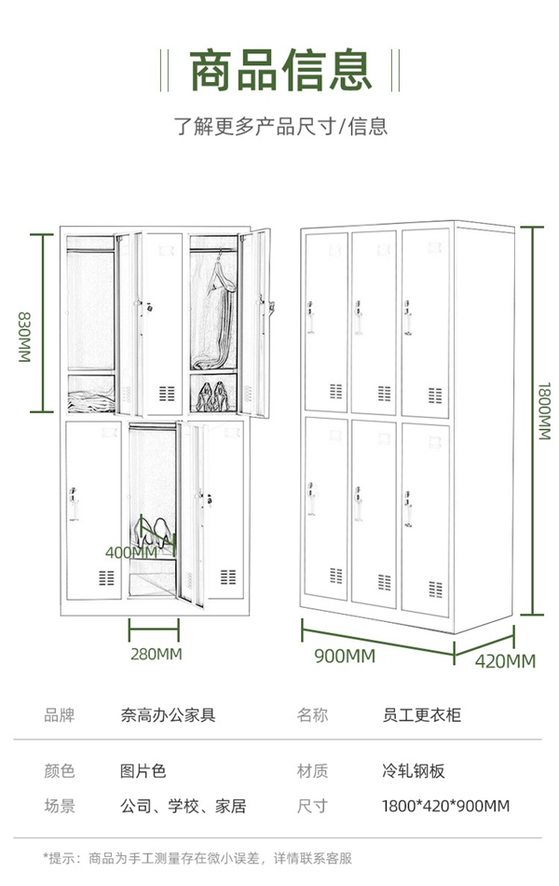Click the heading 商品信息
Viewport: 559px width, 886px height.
(x=279, y=70)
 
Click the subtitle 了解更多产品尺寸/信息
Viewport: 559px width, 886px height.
(x=280, y=126)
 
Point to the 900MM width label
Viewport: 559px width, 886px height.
(x=345, y=657)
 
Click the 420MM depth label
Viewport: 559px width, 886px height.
(x=506, y=661)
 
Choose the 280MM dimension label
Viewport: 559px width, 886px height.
(x=157, y=654)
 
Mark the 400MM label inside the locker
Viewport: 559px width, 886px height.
(x=131, y=552)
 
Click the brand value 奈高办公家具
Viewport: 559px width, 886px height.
(x=168, y=715)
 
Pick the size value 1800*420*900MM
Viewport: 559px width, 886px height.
(x=445, y=806)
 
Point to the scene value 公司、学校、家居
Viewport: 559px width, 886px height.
(x=183, y=806)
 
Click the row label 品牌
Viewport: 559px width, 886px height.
(x=59, y=715)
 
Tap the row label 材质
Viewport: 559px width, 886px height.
(x=312, y=771)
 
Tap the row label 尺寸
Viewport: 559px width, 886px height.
(x=312, y=806)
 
